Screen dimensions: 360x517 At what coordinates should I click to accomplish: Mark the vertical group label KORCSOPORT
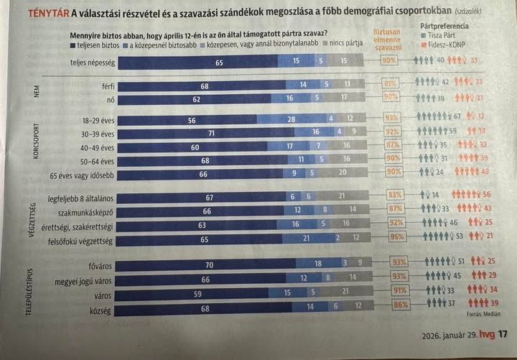click(35, 147)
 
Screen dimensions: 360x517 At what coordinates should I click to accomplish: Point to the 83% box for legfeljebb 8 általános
click(393, 195)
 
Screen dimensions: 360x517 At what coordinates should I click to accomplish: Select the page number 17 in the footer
click(502, 333)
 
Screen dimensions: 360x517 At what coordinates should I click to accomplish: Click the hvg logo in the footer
click(487, 333)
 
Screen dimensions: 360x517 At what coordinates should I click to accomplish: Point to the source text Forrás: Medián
click(482, 314)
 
